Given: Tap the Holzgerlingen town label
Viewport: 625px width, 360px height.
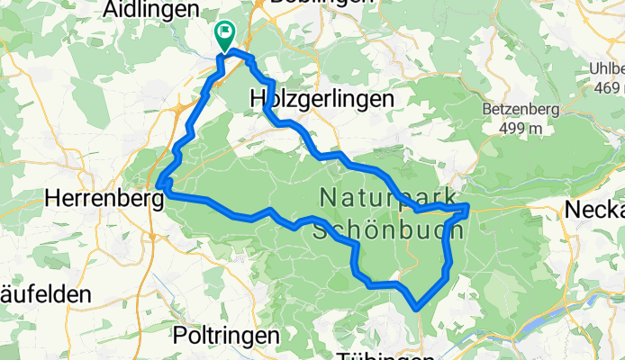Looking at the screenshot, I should coord(322,98).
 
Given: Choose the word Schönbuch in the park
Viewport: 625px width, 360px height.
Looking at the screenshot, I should coord(388,229).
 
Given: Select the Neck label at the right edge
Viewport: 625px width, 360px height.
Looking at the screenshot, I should coord(595,210).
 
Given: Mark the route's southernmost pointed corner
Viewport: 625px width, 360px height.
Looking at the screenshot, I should coord(417,309).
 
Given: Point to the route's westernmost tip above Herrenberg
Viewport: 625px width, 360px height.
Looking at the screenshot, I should coord(159,185).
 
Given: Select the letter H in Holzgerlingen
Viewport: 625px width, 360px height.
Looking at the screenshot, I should coord(258,98).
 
